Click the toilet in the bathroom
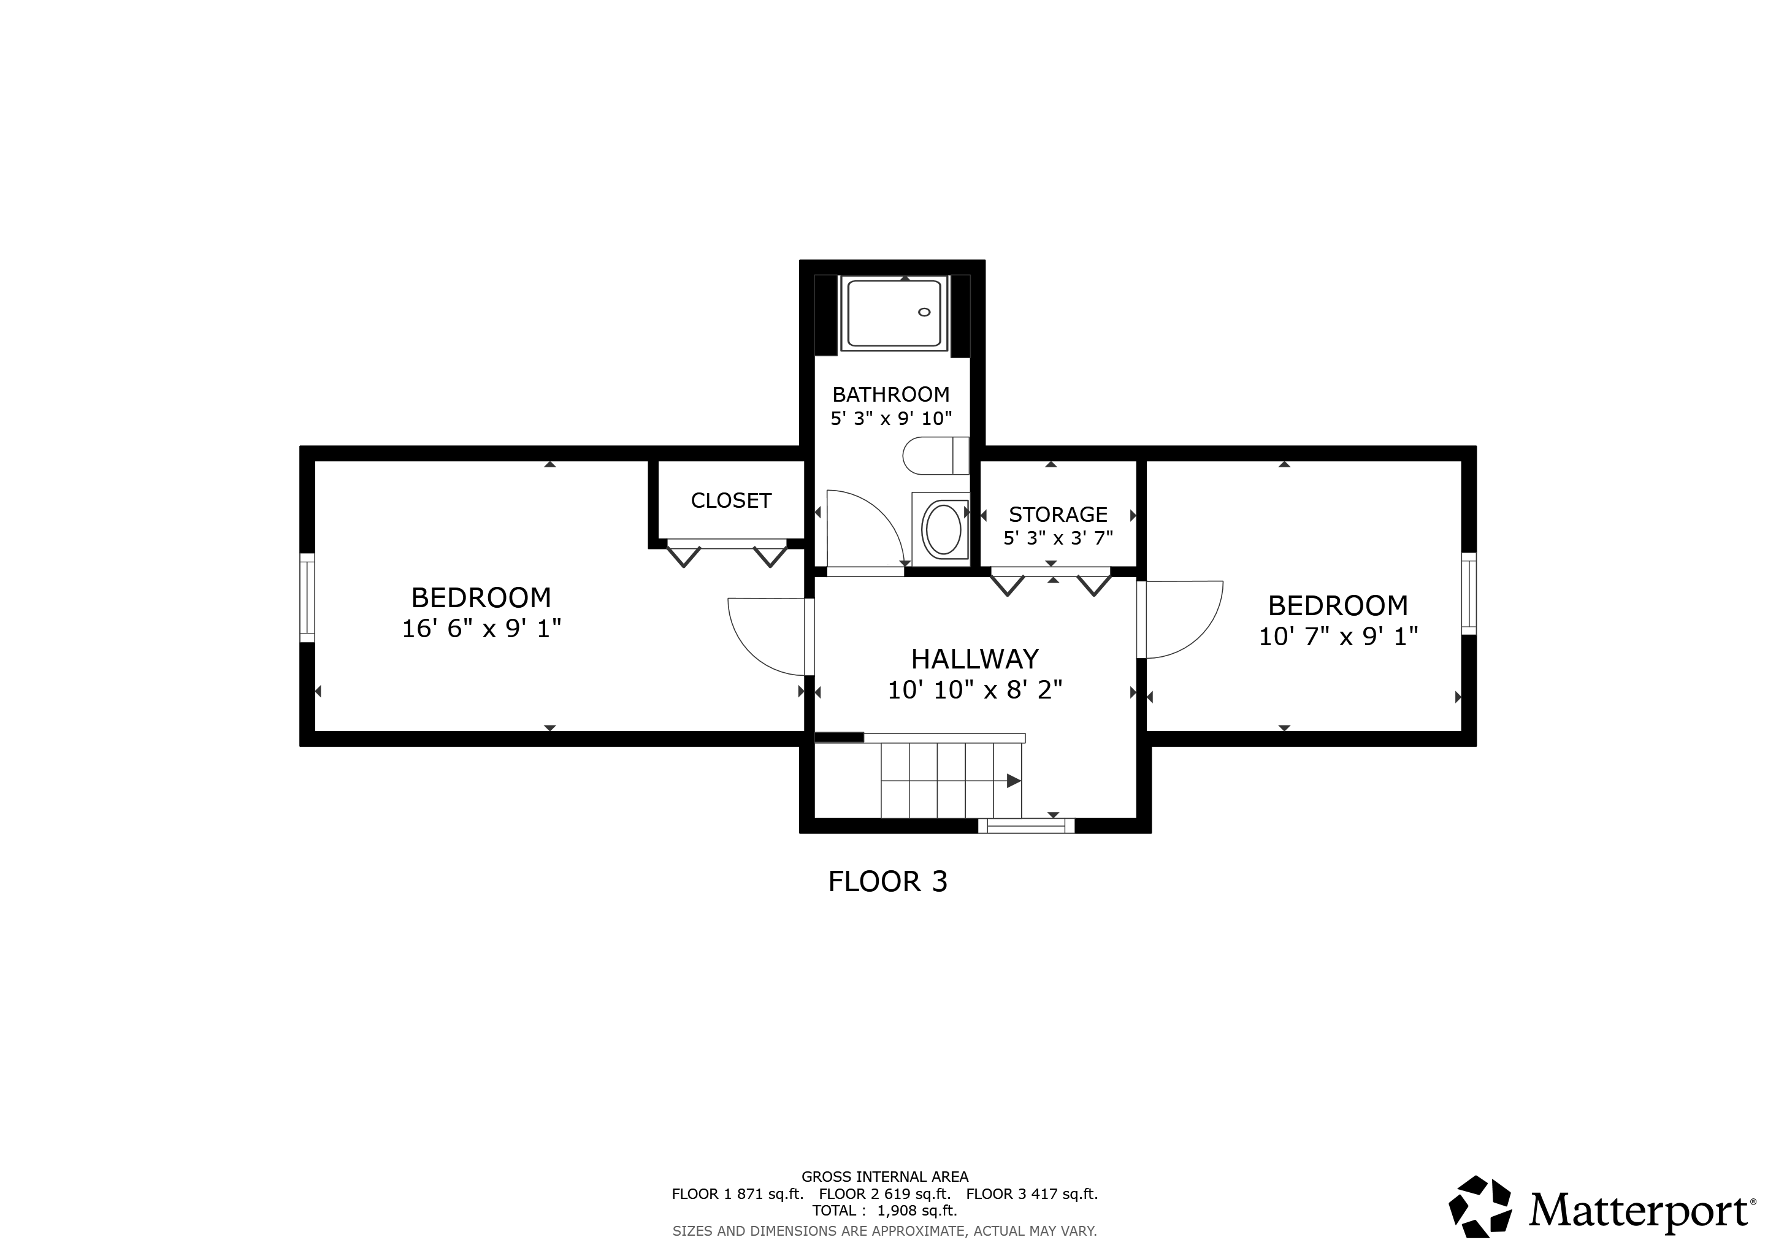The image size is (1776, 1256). pos(935,456)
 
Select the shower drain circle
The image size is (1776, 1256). pos(924,312)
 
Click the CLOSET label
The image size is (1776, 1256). pos(731,501)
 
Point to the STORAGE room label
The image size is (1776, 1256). pos(1057,515)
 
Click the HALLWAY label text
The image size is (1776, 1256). pos(974,659)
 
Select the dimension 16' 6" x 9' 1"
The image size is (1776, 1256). pos(481,629)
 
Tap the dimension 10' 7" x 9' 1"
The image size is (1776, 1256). pos(1338,637)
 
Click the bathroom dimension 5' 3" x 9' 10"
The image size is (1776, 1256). pos(890,418)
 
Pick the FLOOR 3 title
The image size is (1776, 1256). pos(887,882)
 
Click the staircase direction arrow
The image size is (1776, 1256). pos(1012,781)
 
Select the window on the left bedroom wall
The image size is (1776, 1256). pos(307,598)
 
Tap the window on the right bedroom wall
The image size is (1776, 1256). pos(1468,594)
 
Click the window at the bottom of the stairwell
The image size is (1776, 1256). pos(1026,826)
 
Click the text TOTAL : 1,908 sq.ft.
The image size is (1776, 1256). pos(884,1211)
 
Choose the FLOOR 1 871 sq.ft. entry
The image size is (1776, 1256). pos(737,1193)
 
